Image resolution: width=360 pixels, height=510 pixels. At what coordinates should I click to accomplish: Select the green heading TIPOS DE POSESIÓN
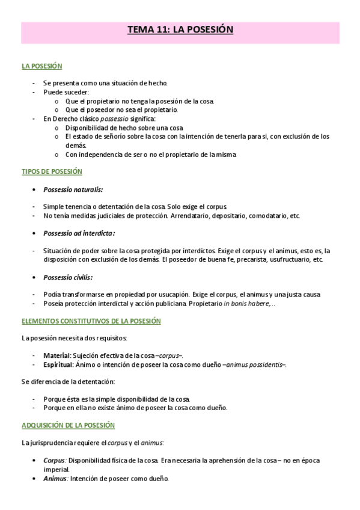pos(47,171)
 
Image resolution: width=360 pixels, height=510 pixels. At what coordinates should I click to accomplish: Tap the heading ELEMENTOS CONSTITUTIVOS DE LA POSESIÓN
pos(91,321)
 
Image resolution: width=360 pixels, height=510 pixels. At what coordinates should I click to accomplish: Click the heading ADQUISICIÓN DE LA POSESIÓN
pos(68,425)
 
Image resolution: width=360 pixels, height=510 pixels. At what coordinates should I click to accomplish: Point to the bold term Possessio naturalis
pos(73,189)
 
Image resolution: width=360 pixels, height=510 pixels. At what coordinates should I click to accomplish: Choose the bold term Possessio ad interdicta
pos(79,233)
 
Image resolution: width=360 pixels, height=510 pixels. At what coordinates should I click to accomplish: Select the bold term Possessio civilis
pos(68,277)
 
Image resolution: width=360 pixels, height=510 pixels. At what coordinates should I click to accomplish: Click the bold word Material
pos(57,355)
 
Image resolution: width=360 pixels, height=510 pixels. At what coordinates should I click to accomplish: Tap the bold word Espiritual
pos(58,364)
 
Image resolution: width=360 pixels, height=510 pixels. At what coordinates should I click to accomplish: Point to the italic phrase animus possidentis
pos(255,364)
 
